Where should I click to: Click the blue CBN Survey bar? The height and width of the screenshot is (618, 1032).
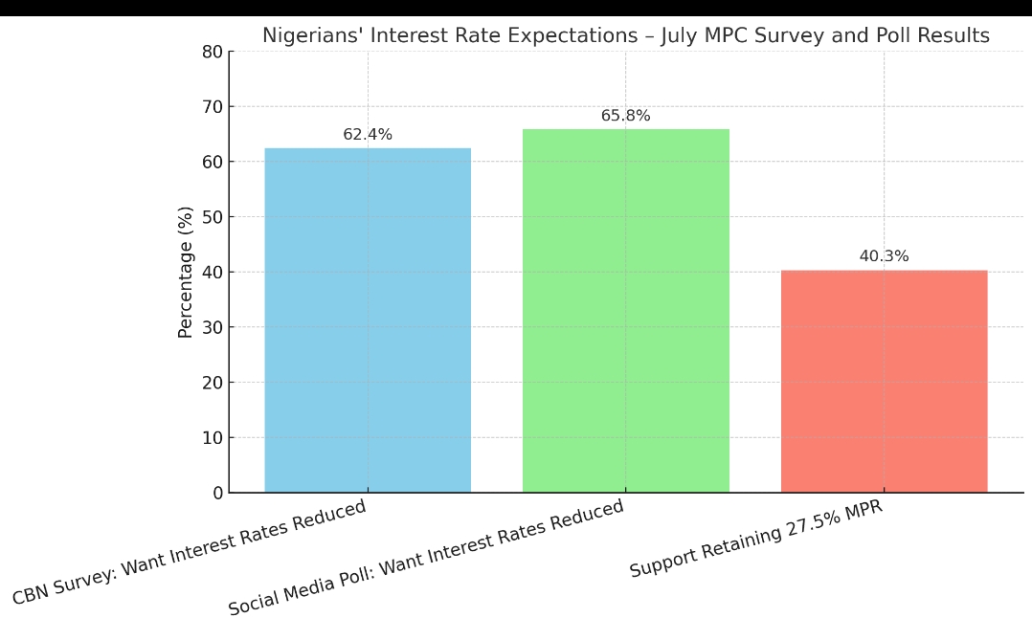click(368, 320)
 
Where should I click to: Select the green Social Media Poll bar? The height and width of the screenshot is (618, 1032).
click(626, 311)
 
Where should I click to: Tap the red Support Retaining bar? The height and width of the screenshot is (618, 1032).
click(884, 382)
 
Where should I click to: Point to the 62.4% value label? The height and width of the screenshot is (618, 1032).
click(368, 135)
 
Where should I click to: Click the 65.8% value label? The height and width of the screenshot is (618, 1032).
click(626, 116)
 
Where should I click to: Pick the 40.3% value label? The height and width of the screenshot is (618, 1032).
click(884, 256)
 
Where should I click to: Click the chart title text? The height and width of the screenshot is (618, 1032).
click(626, 36)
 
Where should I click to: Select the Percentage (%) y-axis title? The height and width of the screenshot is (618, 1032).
click(186, 272)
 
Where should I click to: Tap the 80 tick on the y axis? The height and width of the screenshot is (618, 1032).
click(212, 52)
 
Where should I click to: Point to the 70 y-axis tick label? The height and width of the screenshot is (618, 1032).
click(212, 107)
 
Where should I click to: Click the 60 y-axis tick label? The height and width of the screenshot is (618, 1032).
click(212, 162)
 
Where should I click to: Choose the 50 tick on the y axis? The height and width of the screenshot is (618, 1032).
click(212, 217)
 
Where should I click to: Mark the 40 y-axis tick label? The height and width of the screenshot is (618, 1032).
click(212, 273)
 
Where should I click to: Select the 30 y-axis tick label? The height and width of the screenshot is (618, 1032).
click(212, 327)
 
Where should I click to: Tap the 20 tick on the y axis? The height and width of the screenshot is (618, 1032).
click(212, 383)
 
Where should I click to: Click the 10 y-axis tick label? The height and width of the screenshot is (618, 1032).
click(212, 438)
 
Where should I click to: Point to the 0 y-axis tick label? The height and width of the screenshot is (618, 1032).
click(217, 493)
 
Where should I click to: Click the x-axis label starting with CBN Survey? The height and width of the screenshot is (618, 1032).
click(190, 553)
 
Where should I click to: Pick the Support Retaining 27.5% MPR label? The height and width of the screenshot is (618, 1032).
click(756, 539)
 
